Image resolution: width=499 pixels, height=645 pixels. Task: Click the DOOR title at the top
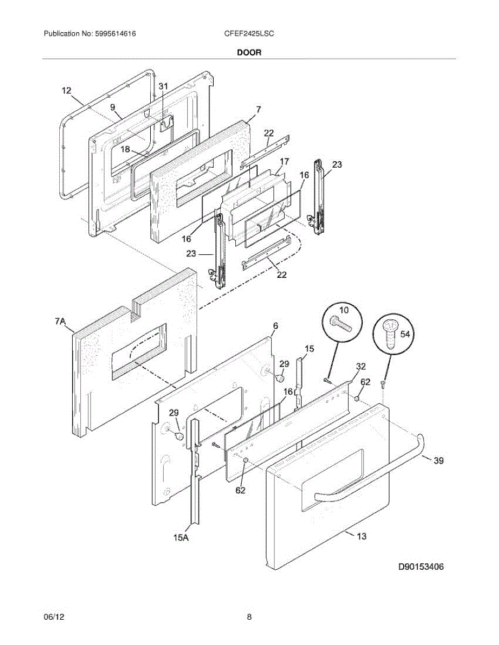[x=249, y=53]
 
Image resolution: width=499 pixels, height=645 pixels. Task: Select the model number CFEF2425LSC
[x=249, y=33]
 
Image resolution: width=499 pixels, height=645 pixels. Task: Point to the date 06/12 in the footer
[x=52, y=617]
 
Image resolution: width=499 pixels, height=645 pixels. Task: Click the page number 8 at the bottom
[x=249, y=617]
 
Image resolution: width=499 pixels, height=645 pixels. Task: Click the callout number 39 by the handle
[x=439, y=461]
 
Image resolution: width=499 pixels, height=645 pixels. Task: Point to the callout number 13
[x=361, y=536]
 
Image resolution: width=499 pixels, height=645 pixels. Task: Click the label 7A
[x=60, y=321]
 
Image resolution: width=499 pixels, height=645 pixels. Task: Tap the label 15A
[x=181, y=536]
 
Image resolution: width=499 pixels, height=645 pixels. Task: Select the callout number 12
[x=66, y=91]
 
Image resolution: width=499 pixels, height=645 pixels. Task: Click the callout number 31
[x=163, y=86]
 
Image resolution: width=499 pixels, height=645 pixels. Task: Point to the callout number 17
[x=284, y=161]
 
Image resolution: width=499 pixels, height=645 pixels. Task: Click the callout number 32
[x=361, y=366]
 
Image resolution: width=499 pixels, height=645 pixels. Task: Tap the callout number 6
[x=276, y=326]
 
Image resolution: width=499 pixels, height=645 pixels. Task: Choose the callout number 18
[x=125, y=149]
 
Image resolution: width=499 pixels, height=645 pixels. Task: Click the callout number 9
[x=113, y=107]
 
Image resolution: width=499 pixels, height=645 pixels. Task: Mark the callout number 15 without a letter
[x=309, y=349]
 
